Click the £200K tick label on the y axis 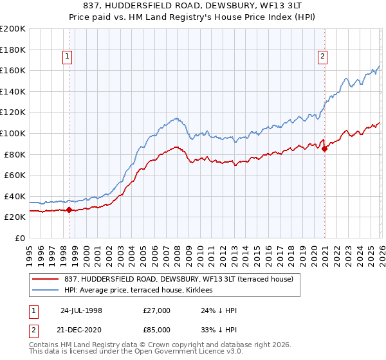point(13,29)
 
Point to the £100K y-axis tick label point(13,133)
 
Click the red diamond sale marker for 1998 point(69,210)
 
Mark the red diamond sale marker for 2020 point(325,149)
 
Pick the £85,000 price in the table point(157,329)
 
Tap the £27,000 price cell point(157,310)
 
